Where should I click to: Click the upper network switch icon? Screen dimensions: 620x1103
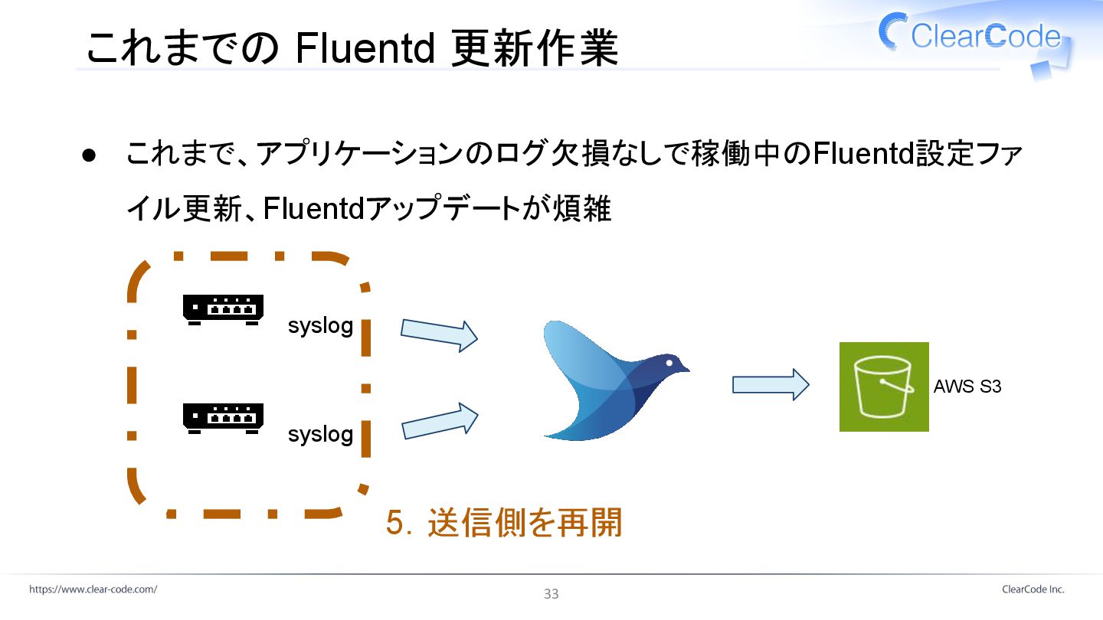tap(223, 308)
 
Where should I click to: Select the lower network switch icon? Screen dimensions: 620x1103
tap(223, 417)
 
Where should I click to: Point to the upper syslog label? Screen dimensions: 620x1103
tap(320, 325)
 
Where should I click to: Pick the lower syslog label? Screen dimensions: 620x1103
tap(320, 434)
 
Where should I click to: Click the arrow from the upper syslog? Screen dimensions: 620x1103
tap(439, 334)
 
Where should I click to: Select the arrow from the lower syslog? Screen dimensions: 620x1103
tap(439, 422)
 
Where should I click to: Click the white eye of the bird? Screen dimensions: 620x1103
tap(669, 362)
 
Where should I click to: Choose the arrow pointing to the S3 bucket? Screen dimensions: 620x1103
tap(770, 384)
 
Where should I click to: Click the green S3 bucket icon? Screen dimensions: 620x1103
tap(884, 387)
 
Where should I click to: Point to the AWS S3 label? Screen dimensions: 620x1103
tap(967, 387)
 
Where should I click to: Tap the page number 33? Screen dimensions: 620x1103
tap(551, 594)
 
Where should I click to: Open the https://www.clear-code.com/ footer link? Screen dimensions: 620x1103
tap(93, 589)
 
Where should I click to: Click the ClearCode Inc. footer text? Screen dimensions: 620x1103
tap(1033, 589)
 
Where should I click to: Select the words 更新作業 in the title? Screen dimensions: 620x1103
tap(535, 48)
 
